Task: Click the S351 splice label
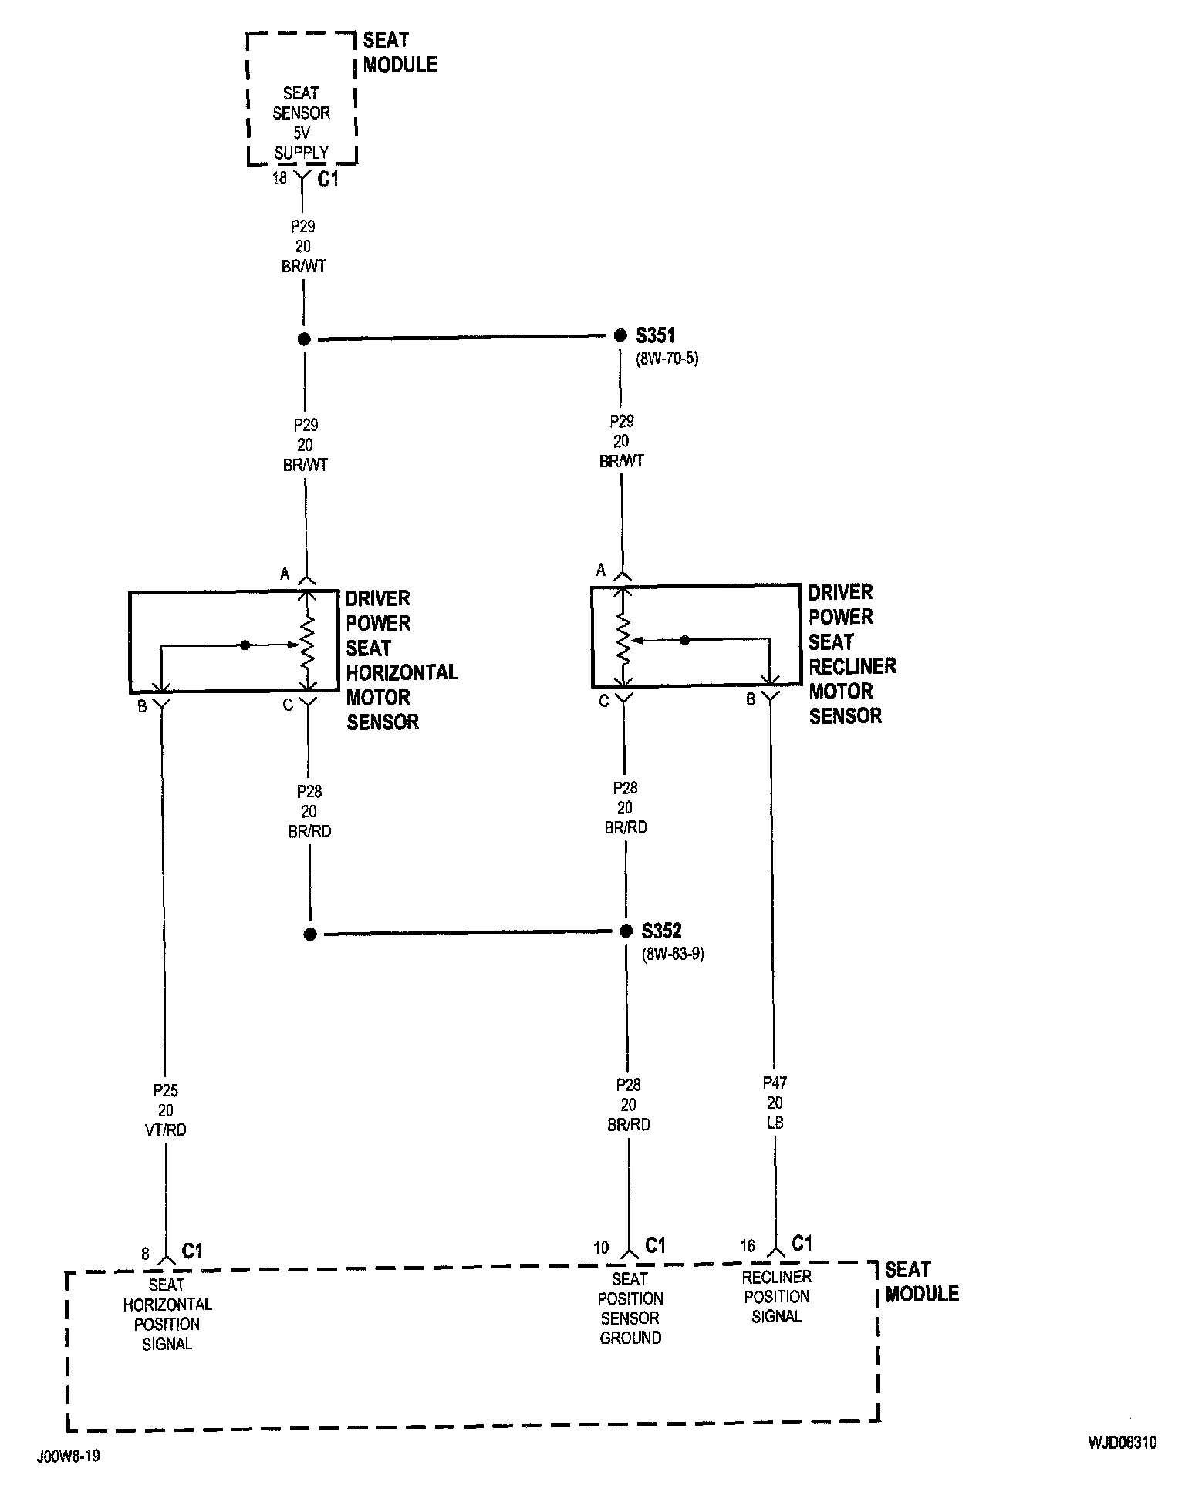(655, 335)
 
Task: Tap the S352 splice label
(661, 931)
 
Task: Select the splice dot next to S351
(620, 335)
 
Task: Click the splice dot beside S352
(626, 931)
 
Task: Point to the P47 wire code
(775, 1083)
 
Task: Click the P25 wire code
(165, 1090)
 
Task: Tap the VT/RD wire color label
(165, 1130)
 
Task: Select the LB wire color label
(775, 1123)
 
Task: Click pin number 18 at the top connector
(279, 178)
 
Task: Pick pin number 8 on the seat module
(145, 1254)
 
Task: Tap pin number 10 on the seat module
(601, 1248)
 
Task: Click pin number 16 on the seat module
(747, 1246)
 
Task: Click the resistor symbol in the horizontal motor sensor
(307, 641)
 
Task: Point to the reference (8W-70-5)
(667, 359)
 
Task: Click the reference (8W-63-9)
(673, 954)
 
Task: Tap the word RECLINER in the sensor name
(852, 666)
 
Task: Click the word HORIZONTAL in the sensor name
(402, 672)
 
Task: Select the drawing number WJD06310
(1123, 1443)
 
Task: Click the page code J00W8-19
(68, 1457)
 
